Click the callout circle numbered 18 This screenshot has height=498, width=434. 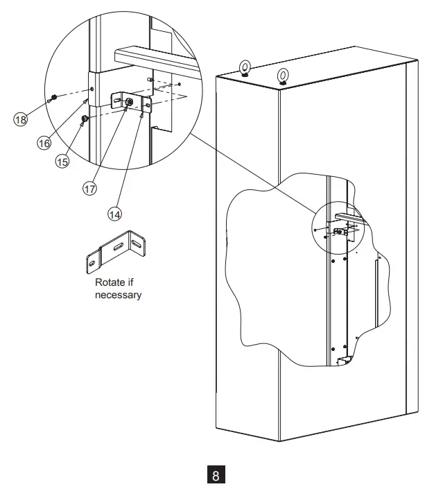pos(21,119)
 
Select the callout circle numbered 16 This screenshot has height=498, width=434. pos(44,142)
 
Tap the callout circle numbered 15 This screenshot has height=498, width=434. pos(62,161)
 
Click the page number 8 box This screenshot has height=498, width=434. pos(216,476)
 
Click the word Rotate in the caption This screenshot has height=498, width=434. pos(109,284)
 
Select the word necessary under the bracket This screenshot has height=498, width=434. pos(118,295)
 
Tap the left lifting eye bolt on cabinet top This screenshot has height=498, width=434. pos(245,68)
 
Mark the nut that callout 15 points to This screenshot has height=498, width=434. pos(84,120)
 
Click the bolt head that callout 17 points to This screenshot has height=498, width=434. pos(129,102)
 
